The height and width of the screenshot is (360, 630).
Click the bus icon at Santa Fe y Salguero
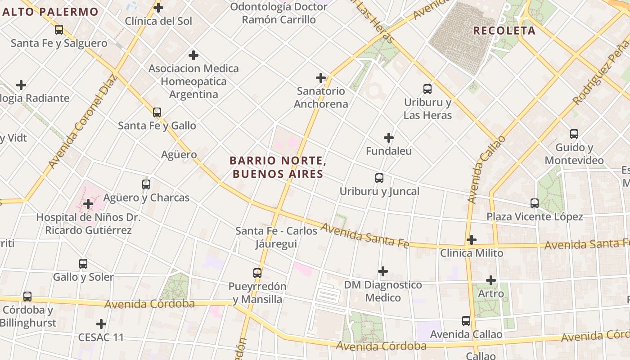59,30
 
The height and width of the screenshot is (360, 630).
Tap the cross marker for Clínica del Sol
158,7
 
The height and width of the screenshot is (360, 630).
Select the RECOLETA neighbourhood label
504,31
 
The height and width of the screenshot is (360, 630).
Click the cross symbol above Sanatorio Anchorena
321,78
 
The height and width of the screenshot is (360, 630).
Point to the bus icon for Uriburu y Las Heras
427,89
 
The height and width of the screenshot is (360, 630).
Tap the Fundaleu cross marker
389,138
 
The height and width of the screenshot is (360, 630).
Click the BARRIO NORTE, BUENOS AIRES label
277,167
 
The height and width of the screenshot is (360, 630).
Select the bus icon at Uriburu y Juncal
379,178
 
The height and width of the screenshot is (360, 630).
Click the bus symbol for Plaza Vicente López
535,203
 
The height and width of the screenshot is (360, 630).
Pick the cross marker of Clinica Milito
471,240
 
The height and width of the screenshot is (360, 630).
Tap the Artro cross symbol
491,280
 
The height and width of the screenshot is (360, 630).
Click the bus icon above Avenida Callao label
466,321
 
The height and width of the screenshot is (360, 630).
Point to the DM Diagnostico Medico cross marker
383,271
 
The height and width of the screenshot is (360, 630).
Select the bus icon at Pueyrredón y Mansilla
257,273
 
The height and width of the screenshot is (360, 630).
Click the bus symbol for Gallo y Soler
83,264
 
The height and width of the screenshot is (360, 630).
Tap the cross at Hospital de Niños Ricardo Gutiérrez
88,204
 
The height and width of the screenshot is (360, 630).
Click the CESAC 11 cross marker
101,324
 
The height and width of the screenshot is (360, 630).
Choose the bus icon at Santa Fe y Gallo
157,112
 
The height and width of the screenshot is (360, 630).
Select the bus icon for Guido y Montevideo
574,134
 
